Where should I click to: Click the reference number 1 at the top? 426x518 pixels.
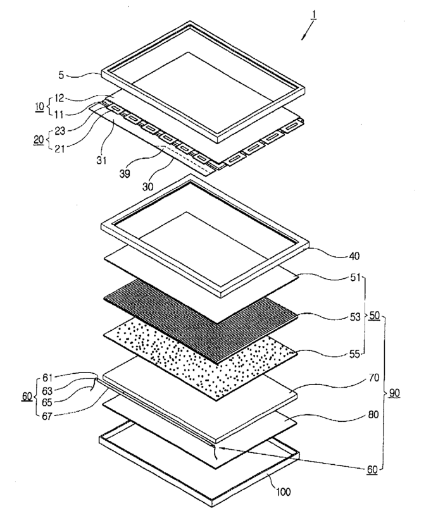click(x=313, y=16)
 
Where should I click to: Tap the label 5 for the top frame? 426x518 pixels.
click(x=61, y=75)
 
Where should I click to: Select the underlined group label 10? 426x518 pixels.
click(x=39, y=106)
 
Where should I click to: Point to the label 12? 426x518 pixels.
click(x=60, y=98)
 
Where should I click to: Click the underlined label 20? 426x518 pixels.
click(x=39, y=139)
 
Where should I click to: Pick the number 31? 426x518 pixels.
click(x=101, y=161)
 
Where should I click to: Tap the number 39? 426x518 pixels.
click(x=125, y=173)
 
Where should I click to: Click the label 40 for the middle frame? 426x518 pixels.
click(x=354, y=256)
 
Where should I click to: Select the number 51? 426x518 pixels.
click(x=355, y=278)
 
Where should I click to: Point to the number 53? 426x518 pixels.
click(x=355, y=317)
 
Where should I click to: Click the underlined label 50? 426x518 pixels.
click(x=374, y=316)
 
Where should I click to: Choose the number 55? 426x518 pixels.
click(x=355, y=354)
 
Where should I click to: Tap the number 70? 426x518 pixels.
click(x=373, y=377)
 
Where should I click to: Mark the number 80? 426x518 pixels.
click(x=373, y=414)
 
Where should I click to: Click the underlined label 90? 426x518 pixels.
click(x=394, y=393)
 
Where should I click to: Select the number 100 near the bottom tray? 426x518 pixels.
click(x=283, y=492)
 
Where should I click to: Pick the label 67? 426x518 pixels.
click(x=47, y=416)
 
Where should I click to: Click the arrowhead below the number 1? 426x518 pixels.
click(x=303, y=38)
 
